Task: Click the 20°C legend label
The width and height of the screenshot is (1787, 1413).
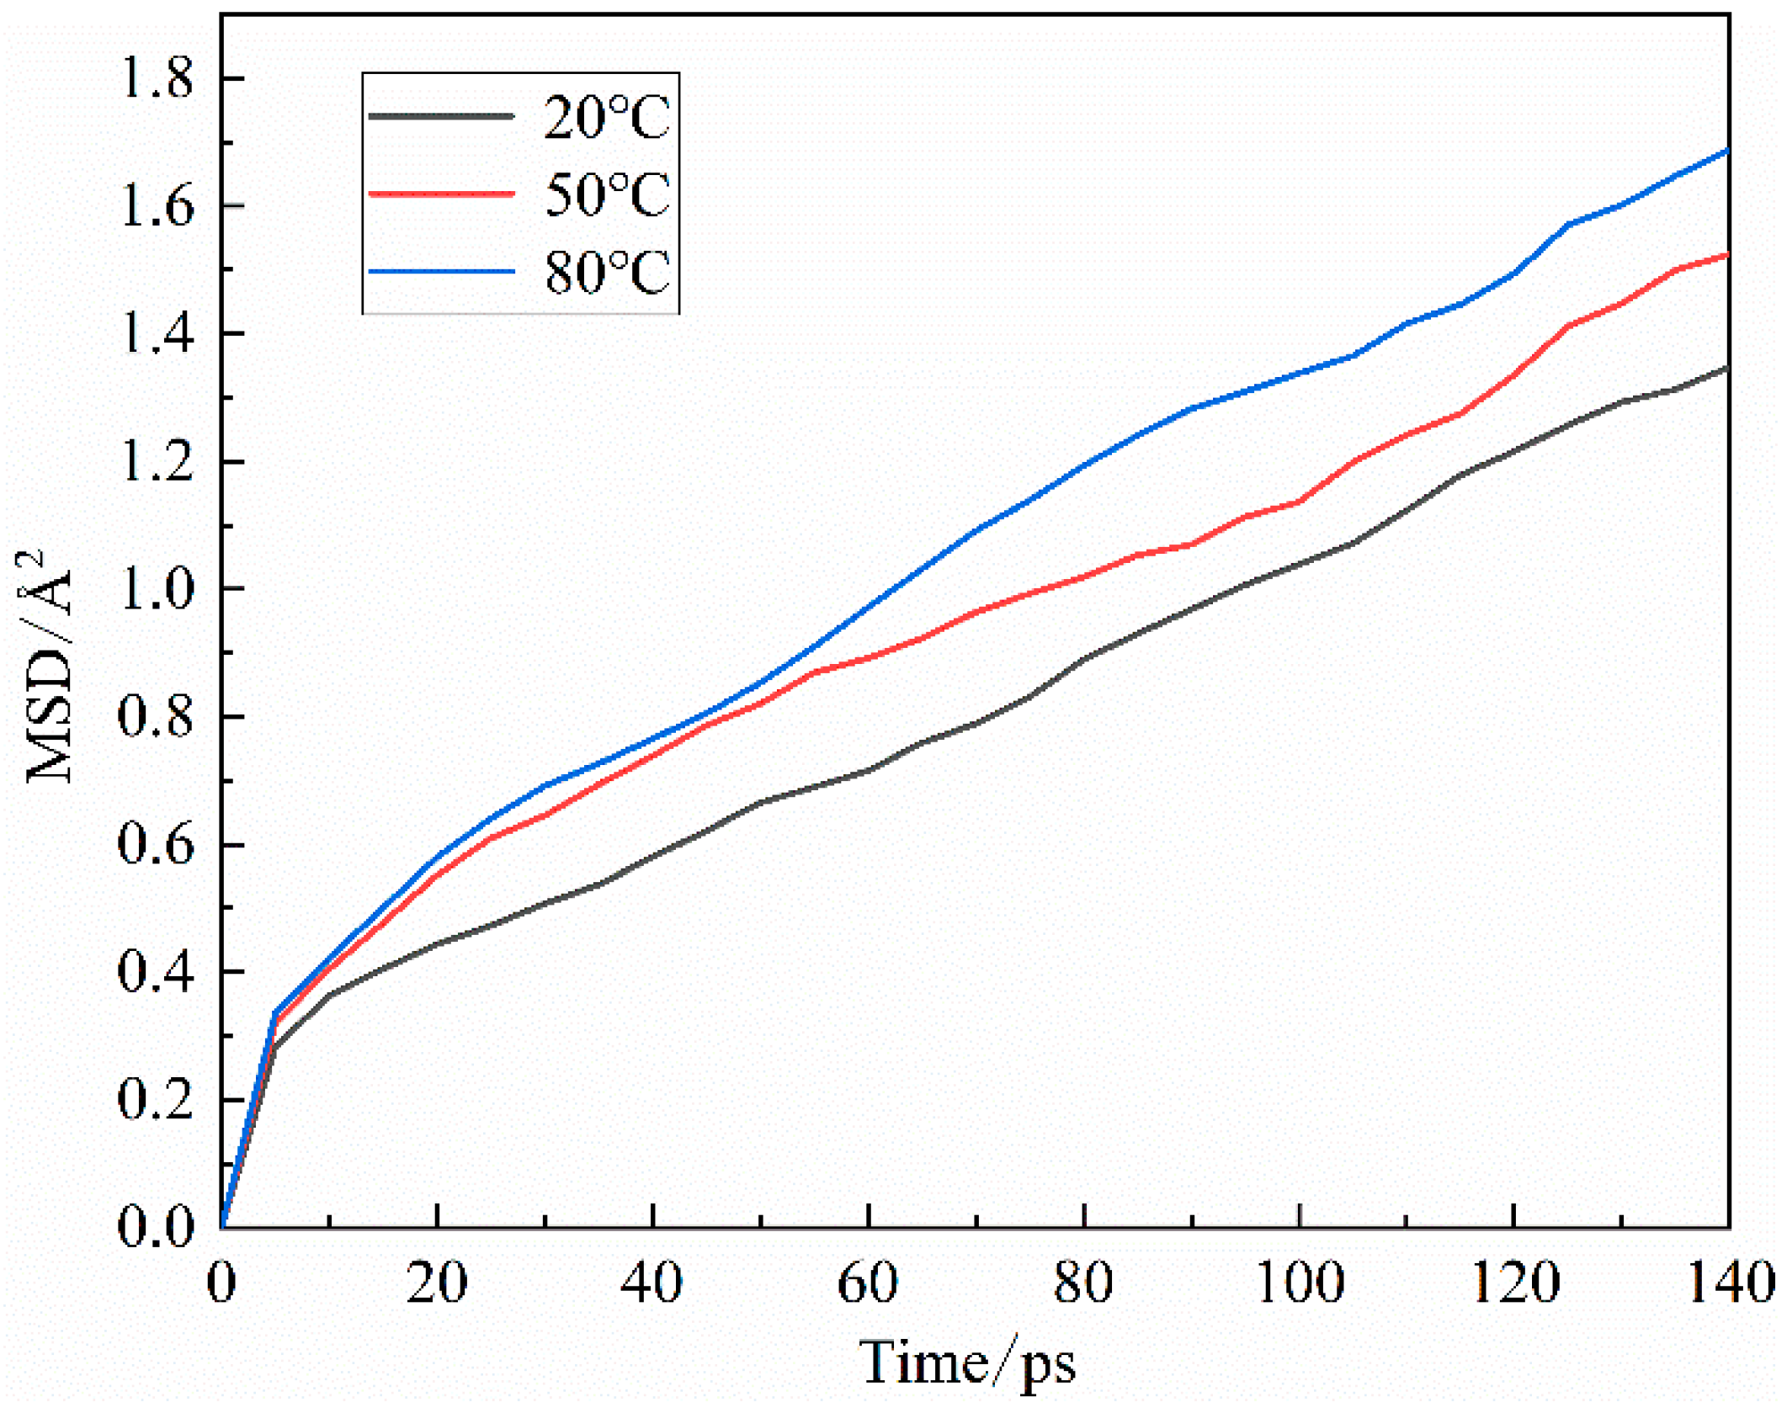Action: [605, 117]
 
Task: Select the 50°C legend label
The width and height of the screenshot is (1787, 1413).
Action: [605, 194]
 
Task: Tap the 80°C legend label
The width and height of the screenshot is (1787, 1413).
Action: [605, 272]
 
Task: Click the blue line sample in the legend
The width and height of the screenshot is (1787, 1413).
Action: [441, 272]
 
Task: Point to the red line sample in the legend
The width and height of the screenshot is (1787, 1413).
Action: [441, 194]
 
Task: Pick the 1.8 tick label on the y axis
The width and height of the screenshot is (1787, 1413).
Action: [157, 79]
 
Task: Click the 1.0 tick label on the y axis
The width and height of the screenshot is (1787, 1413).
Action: [157, 590]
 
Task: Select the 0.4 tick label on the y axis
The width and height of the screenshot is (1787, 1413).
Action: [157, 972]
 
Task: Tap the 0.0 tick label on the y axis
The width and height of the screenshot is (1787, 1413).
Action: [157, 1227]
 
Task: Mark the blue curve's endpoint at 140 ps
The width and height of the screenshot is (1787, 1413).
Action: [1727, 151]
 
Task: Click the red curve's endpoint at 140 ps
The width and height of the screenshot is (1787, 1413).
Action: [1727, 255]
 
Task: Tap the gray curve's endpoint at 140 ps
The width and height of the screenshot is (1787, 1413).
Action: [1727, 369]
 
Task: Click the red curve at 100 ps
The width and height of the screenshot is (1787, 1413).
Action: [1300, 502]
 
